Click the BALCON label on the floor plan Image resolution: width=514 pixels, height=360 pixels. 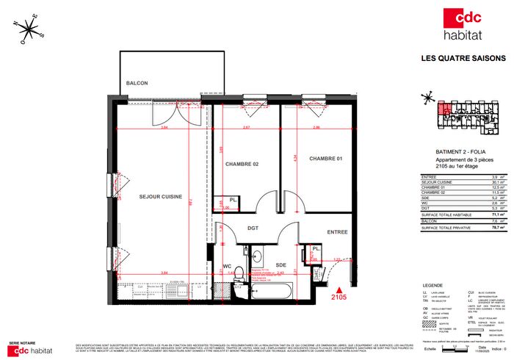(x=137, y=83)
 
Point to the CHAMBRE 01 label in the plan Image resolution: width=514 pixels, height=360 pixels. (x=326, y=159)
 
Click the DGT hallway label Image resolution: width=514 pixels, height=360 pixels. (x=253, y=228)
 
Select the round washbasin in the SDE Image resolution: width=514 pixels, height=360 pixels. (x=258, y=256)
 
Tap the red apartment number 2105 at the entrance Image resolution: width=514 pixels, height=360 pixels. (x=339, y=298)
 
